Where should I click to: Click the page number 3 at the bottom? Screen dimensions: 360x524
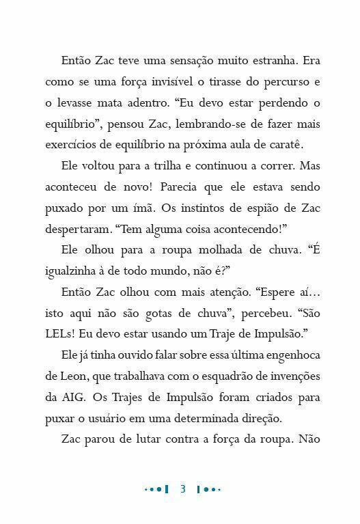pyautogui.click(x=182, y=489)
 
